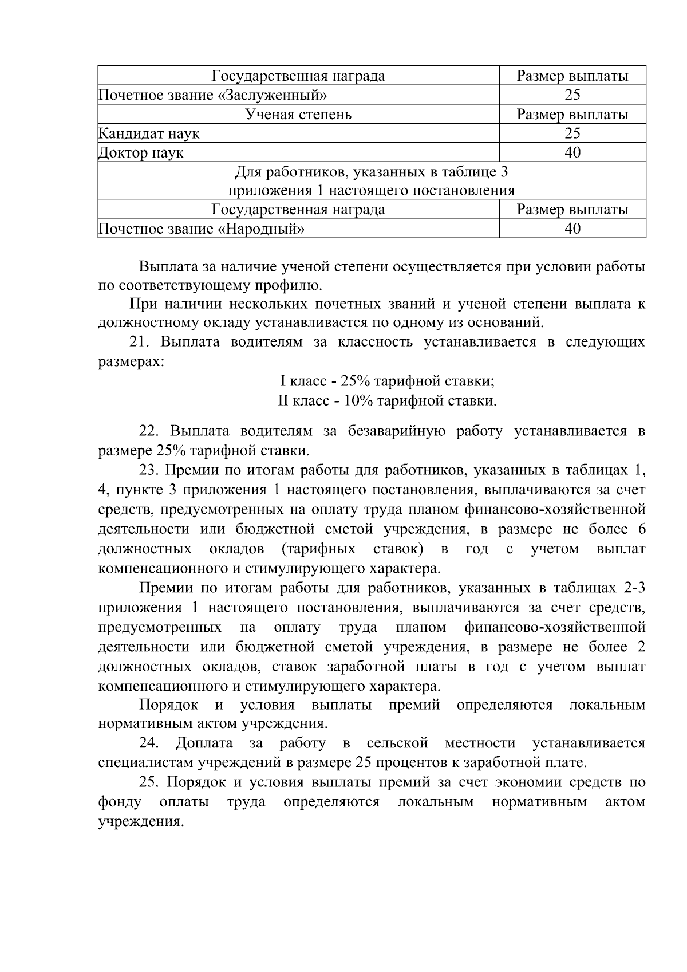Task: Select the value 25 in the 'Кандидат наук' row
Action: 572,133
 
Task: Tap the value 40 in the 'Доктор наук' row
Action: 572,152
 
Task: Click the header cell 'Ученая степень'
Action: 298,115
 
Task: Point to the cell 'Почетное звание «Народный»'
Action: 201,229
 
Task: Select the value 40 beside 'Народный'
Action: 572,229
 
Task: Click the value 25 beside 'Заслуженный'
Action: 572,95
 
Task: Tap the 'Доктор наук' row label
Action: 141,153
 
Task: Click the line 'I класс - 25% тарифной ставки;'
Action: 388,381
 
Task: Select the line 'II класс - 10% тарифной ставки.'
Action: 388,401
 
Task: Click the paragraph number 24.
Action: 149,743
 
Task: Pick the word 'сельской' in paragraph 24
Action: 397,743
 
